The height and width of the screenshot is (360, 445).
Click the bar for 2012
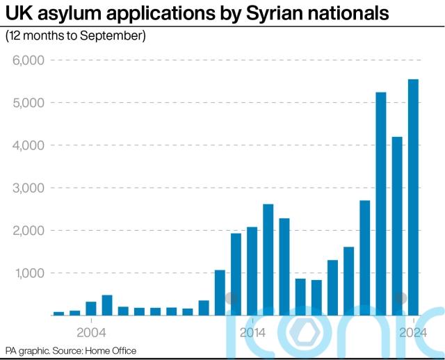click(220, 293)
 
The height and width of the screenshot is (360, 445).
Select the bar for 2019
click(332, 288)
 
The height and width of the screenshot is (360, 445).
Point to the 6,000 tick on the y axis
click(29, 60)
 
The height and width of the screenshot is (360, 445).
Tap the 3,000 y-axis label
click(29, 188)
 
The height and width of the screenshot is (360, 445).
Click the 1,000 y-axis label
click(29, 273)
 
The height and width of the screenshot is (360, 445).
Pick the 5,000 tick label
click(29, 103)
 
